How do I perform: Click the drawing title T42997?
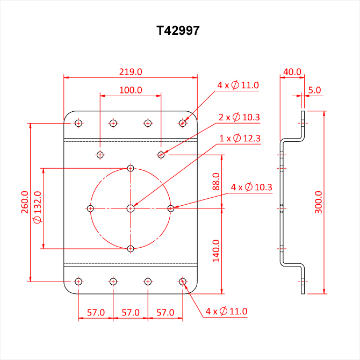click(x=179, y=31)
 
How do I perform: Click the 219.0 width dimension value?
click(x=130, y=71)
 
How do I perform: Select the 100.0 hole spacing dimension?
click(x=130, y=90)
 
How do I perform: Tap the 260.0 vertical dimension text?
click(x=25, y=202)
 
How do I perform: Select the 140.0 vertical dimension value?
click(x=217, y=250)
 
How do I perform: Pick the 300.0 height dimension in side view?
click(x=319, y=203)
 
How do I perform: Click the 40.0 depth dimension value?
click(x=292, y=71)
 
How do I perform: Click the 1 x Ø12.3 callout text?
click(x=240, y=139)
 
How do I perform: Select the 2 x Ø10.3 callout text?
click(x=240, y=117)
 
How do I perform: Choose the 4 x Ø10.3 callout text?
click(x=251, y=187)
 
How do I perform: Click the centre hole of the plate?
click(x=131, y=208)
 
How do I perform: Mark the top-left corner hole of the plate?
click(x=79, y=124)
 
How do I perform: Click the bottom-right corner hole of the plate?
click(x=183, y=282)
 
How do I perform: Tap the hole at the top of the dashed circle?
click(x=131, y=168)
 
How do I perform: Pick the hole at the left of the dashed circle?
click(x=91, y=208)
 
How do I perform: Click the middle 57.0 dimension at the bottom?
click(x=130, y=312)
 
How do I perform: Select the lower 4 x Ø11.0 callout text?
click(x=226, y=311)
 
